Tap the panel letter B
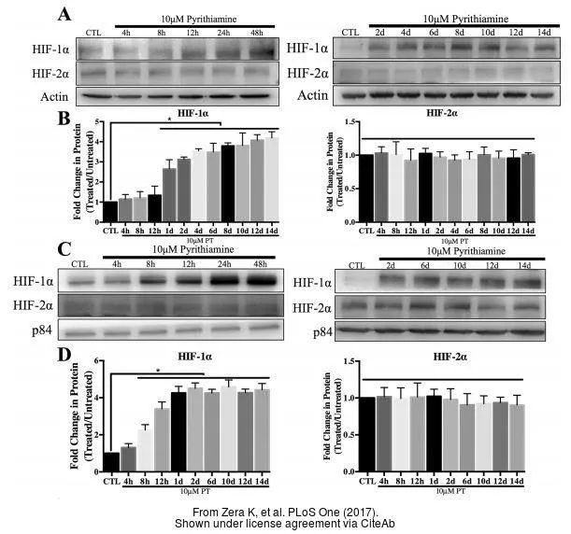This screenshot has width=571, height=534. [x=64, y=119]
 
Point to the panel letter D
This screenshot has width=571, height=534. [x=64, y=355]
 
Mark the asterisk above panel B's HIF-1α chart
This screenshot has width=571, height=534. [x=168, y=119]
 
